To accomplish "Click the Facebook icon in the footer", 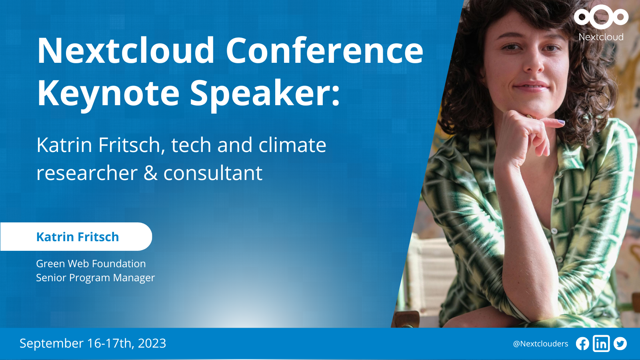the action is point(582,344).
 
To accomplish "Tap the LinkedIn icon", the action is point(601,344).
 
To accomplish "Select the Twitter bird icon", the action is point(620,344).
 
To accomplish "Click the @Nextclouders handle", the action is point(540,344).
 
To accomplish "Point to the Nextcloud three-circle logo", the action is point(601,17).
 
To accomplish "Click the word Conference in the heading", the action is point(324,50).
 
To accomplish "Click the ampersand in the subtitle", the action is point(150,173).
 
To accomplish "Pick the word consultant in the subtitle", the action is point(213,173).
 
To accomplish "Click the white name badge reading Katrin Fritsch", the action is point(76,236).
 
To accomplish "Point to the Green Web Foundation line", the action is point(91,264).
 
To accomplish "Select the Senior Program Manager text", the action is point(96,278).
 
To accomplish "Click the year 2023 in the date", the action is point(152,344).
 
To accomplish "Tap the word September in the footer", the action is point(52,344).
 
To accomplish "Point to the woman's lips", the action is point(531,87).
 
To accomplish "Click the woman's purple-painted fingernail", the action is point(561,122).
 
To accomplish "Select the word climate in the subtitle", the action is point(292,145).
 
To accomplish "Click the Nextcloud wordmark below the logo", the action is point(601,37).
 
